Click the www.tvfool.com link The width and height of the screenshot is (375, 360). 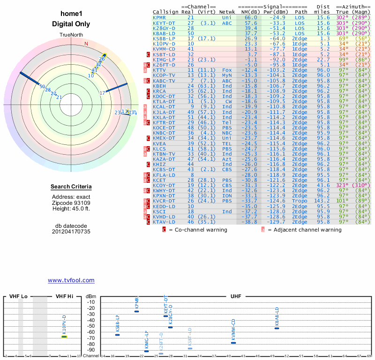[x=71, y=280]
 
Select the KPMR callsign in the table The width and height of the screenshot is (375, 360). [x=159, y=17]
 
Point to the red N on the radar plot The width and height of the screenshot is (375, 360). [x=86, y=44]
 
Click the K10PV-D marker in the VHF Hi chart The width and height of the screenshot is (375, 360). [x=65, y=337]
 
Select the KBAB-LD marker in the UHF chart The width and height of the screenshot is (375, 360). [x=277, y=328]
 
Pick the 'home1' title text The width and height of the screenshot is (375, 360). [x=71, y=15]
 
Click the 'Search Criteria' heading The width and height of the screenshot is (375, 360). [x=71, y=187]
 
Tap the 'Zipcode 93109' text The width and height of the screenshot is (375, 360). [x=71, y=203]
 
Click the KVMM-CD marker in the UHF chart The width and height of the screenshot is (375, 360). [x=233, y=343]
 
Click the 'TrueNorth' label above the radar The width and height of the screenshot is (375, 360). [x=71, y=36]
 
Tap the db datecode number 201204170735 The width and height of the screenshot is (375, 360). [x=71, y=232]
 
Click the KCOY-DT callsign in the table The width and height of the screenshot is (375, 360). [x=164, y=186]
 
